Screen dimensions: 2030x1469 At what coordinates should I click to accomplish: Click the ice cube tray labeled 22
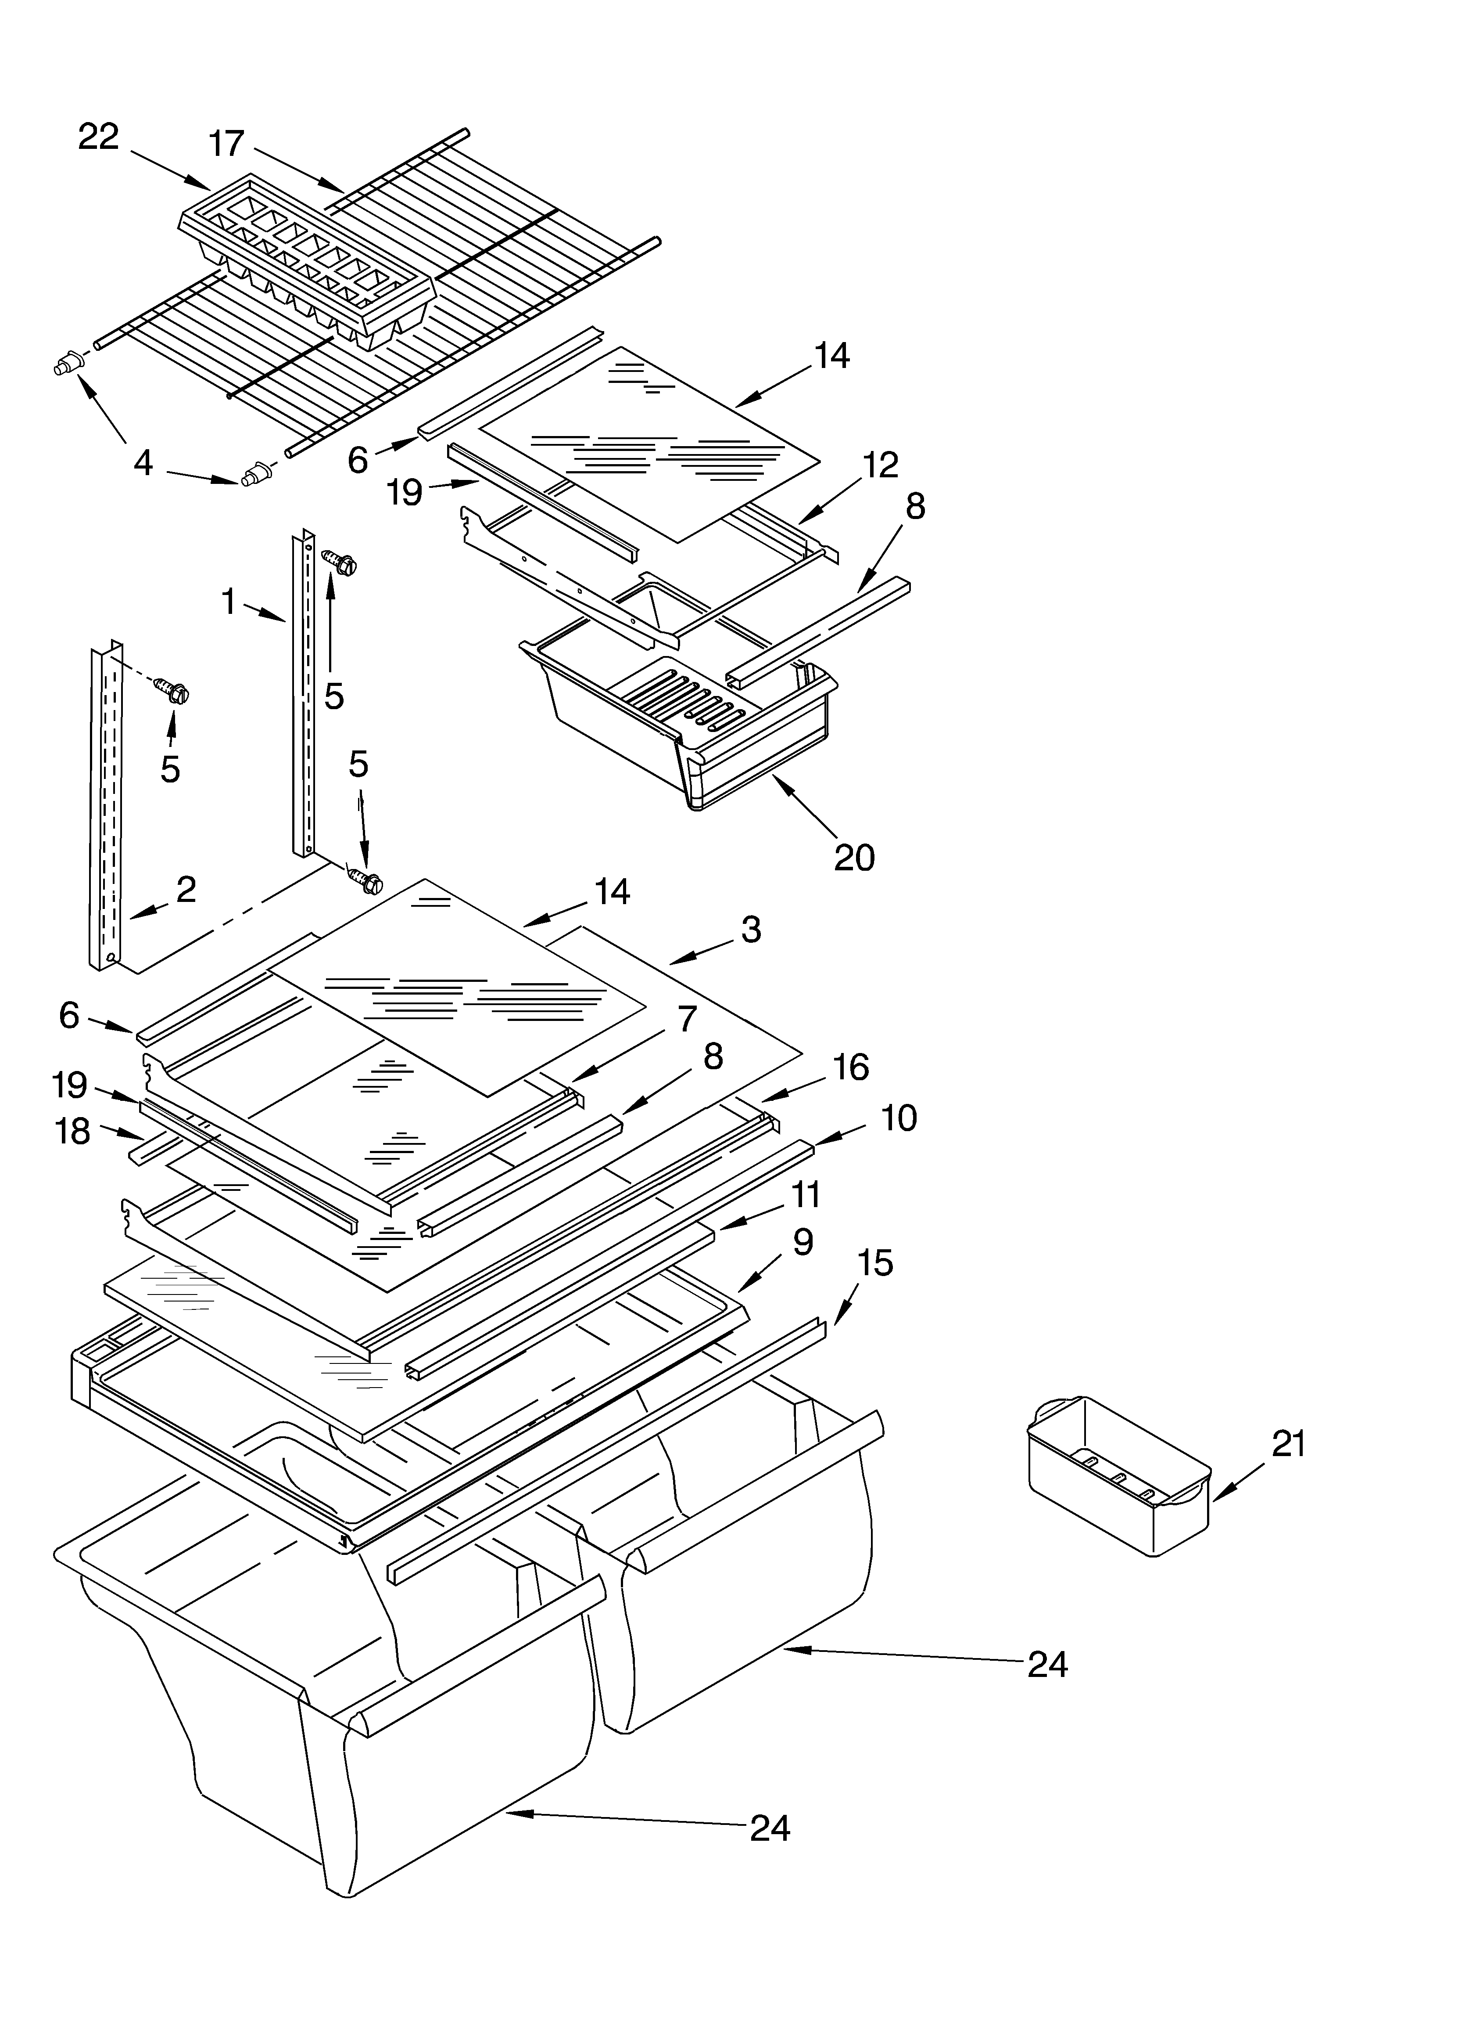click(304, 260)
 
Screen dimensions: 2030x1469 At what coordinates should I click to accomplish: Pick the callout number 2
click(186, 889)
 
